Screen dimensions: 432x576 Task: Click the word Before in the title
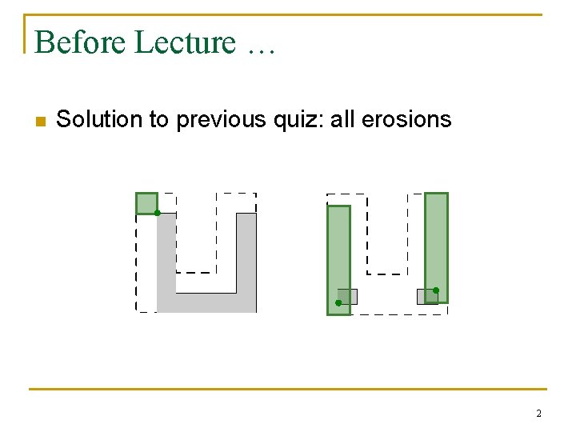click(81, 42)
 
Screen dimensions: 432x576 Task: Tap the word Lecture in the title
click(185, 42)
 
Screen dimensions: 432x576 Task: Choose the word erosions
click(406, 120)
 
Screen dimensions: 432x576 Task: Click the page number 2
click(538, 414)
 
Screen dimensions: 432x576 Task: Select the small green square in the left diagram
click(145, 202)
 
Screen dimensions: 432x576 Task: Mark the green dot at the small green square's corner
click(158, 213)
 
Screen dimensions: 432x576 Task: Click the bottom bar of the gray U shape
click(206, 302)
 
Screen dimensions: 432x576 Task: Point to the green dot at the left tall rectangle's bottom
click(338, 303)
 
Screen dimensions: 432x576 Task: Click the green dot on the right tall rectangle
click(436, 290)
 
